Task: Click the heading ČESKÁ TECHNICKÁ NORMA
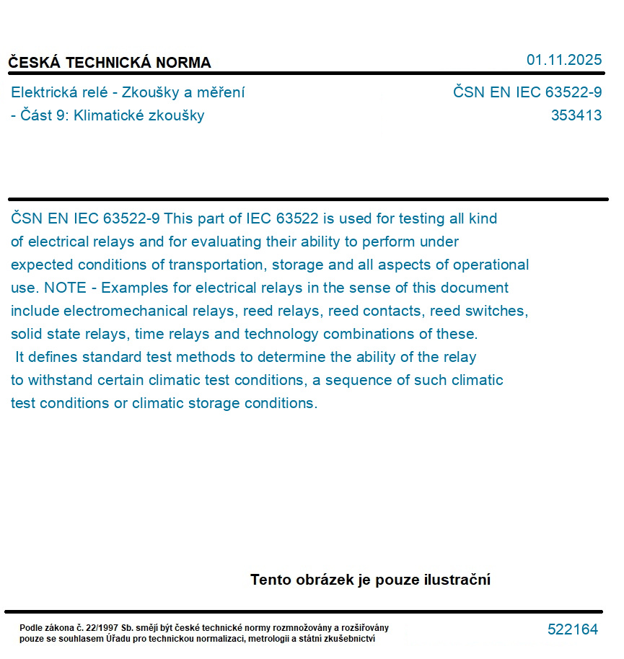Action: pos(110,63)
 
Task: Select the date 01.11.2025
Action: pos(564,60)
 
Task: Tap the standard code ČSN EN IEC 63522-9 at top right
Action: pos(527,92)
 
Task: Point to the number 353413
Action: pos(576,115)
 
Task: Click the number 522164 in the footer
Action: pos(573,629)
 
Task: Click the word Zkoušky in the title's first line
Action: pos(151,92)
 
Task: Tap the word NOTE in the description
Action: pos(65,288)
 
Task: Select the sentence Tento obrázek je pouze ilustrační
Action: pos(370,580)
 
